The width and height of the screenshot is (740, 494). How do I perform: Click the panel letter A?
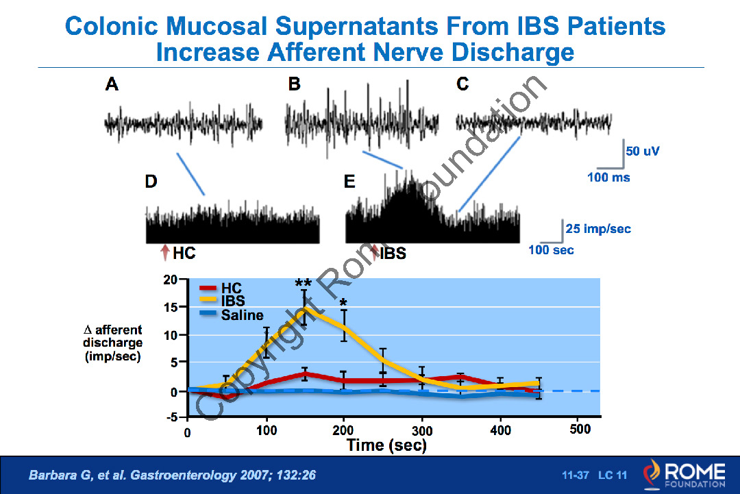[x=112, y=84]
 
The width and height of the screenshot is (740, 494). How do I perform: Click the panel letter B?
[x=294, y=84]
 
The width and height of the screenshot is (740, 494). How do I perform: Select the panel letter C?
[x=463, y=84]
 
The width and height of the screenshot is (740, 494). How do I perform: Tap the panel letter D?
[x=151, y=182]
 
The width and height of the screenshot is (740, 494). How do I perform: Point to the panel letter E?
[x=349, y=182]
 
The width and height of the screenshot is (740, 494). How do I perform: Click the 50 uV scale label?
[x=642, y=151]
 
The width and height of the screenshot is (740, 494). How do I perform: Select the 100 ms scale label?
[x=608, y=177]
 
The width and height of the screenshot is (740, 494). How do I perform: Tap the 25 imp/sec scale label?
[x=597, y=228]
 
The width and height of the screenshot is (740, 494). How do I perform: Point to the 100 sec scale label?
[x=551, y=250]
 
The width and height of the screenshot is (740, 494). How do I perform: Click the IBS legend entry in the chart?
[x=233, y=301]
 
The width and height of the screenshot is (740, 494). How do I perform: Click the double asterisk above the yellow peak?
[x=304, y=284]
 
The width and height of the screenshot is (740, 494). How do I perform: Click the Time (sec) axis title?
[x=386, y=445]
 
